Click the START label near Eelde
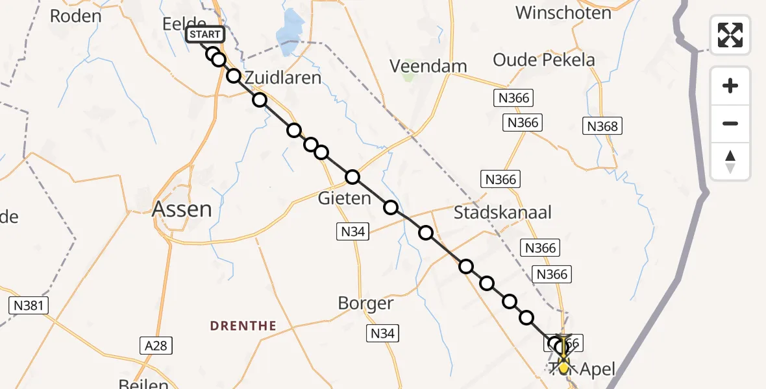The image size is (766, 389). click(205, 35)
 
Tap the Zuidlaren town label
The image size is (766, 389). click(283, 78)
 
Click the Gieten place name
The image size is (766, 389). click(344, 198)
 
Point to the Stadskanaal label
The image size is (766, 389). click(502, 212)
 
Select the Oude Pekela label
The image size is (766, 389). click(543, 60)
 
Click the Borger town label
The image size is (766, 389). click(365, 303)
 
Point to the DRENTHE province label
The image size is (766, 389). click(243, 325)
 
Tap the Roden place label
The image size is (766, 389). click(75, 16)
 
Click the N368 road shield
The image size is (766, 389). click(602, 126)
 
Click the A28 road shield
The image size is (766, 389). click(156, 346)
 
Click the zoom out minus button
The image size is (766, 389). click(730, 124)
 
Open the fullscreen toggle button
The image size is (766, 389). click(730, 35)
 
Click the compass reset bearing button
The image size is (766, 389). click(730, 161)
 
